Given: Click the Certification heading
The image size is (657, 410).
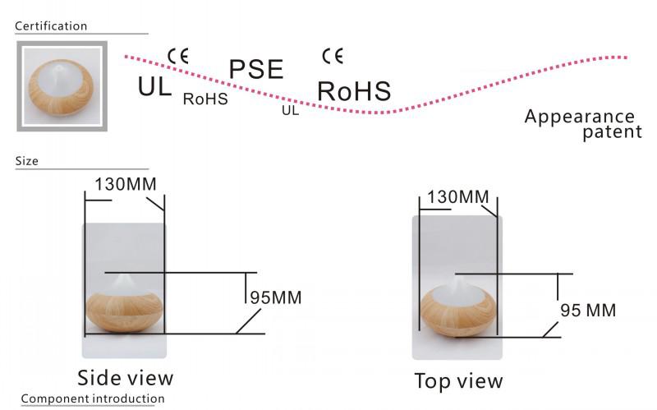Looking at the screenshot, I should [x=51, y=26].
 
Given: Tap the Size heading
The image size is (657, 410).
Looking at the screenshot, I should [x=27, y=161].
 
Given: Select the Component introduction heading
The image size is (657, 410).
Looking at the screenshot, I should [x=92, y=399].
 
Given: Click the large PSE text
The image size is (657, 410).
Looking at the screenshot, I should [x=255, y=70].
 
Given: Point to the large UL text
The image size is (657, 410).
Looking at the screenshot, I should [x=155, y=85].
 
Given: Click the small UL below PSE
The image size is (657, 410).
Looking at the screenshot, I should [x=290, y=110].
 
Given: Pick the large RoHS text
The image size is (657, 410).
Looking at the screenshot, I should [x=354, y=91].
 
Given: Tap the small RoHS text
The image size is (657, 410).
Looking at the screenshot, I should [x=205, y=99].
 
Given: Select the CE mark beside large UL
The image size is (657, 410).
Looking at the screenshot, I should [x=178, y=56].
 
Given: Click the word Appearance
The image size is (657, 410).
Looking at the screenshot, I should [x=579, y=117].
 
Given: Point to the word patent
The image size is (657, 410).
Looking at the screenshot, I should [x=612, y=132].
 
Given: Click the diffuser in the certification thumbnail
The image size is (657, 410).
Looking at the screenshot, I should [x=60, y=88].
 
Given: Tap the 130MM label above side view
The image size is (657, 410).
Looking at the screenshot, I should [x=126, y=182].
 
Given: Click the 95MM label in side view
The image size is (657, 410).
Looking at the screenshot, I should [x=274, y=297].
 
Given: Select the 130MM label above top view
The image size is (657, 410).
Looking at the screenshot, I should [x=453, y=197].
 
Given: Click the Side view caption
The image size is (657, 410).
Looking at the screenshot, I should [x=126, y=378].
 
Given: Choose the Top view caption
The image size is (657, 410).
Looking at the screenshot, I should [x=458, y=381].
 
